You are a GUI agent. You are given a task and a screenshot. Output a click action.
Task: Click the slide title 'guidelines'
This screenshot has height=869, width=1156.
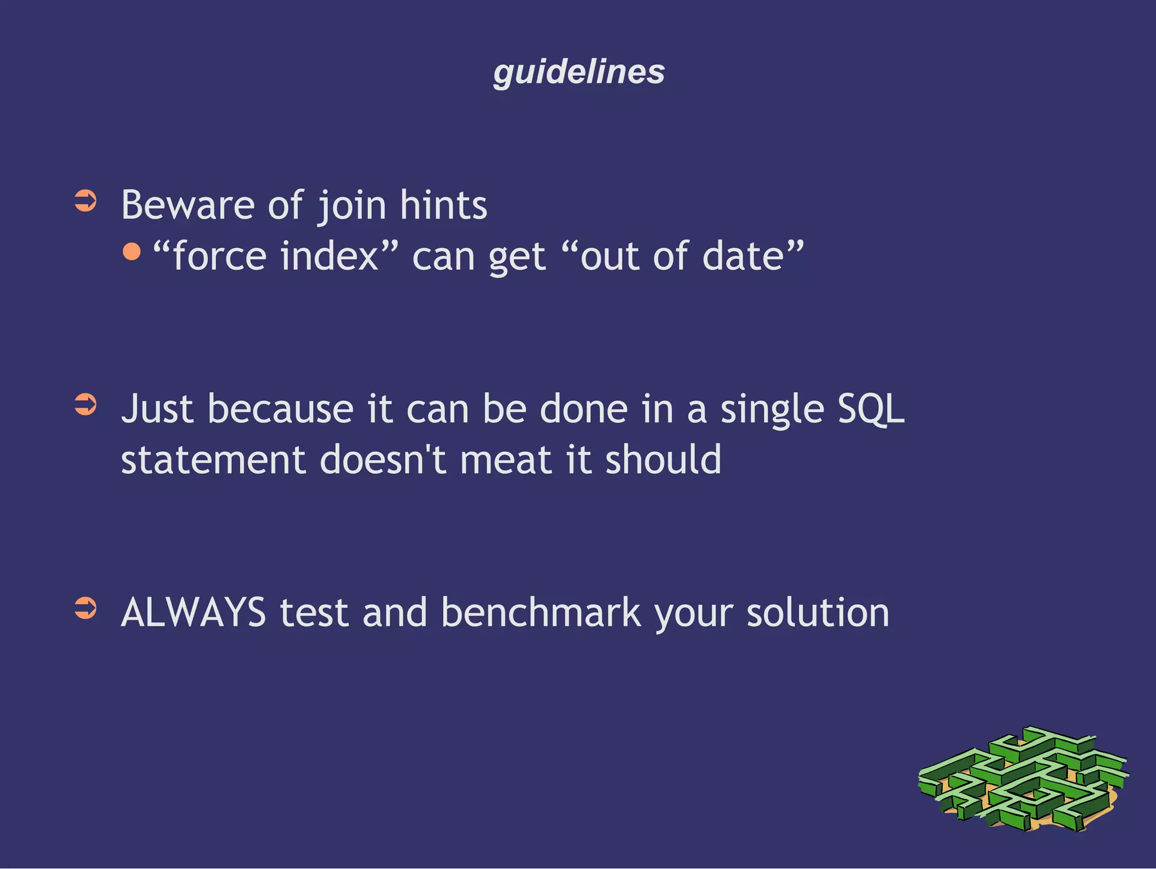coord(579,72)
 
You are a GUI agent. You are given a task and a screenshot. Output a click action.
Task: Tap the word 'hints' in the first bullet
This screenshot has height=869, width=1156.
coord(443,205)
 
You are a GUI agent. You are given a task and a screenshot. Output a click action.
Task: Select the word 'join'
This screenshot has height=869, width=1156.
coord(352,206)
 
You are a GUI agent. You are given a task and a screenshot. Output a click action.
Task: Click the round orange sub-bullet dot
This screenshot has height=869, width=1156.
coord(132,251)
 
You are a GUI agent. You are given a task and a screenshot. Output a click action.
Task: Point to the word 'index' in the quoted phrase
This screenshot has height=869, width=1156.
coord(329,256)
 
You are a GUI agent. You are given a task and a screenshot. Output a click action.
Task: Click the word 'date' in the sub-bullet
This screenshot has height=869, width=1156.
coord(743,256)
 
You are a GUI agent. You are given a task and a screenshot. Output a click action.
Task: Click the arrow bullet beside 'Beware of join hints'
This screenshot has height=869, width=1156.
coord(86,201)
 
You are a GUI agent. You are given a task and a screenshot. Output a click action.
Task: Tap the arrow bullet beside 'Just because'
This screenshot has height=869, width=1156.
coord(86,405)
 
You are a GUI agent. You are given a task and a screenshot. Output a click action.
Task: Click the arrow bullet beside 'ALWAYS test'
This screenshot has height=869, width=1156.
coord(86,609)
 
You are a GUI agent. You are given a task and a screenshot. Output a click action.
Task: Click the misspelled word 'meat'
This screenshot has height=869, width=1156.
coord(505,460)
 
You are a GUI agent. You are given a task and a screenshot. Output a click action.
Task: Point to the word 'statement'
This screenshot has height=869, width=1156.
coord(213,460)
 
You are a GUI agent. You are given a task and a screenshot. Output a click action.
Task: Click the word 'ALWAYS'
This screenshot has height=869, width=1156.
coord(194,613)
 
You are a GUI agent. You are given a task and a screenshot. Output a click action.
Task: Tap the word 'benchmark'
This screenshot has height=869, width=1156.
coord(541,613)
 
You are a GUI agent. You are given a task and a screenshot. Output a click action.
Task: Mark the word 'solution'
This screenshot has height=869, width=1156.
coord(818,613)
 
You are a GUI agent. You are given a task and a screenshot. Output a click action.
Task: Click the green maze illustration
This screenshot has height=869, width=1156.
coord(1023,779)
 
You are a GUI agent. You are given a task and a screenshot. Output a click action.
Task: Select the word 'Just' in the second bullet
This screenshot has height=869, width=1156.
coord(157,409)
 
